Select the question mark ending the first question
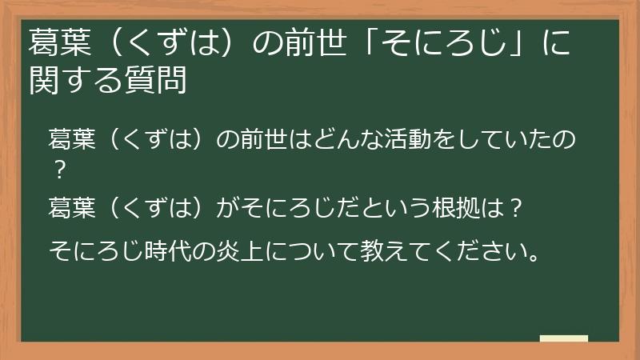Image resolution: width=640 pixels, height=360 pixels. point(58,170)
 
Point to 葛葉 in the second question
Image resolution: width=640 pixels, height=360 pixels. point(70,210)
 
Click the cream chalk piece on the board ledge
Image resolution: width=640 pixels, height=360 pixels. point(564,338)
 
